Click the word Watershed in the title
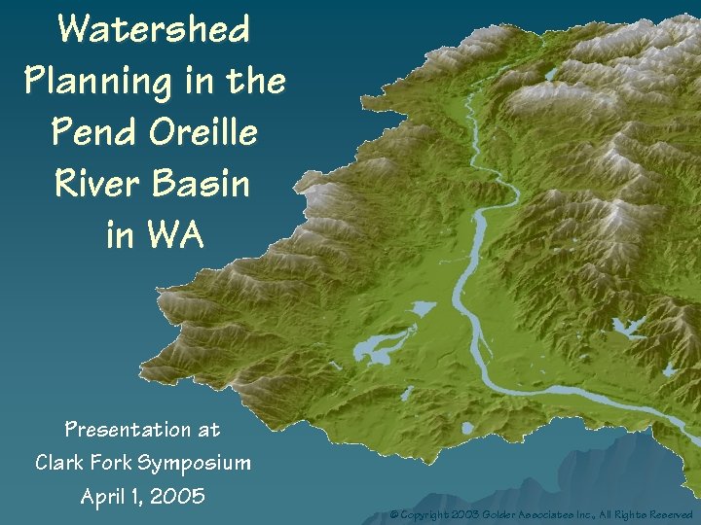(154, 28)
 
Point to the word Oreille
(203, 131)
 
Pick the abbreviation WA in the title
(176, 233)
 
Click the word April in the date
(105, 497)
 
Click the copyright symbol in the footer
(394, 513)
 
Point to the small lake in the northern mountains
(550, 74)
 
